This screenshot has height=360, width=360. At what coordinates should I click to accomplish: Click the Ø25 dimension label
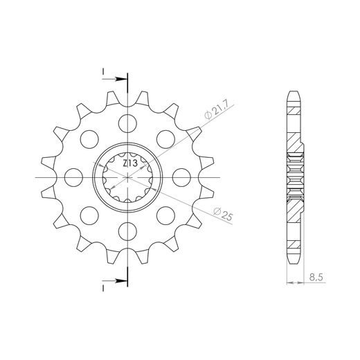[x=223, y=214]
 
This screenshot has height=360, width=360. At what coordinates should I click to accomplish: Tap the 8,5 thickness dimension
[x=316, y=277]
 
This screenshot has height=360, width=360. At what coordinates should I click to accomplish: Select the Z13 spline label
[x=130, y=163]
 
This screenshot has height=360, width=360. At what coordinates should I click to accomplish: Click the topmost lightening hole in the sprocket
[x=127, y=123]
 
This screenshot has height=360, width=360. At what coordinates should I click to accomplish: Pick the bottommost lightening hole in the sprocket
[x=127, y=231]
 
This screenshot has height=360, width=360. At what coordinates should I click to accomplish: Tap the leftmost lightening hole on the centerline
[x=73, y=177]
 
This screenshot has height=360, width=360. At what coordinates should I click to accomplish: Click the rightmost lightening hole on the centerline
[x=181, y=177]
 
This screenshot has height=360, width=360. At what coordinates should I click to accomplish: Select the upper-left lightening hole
[x=89, y=139]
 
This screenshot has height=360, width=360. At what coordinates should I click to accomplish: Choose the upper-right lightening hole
[x=165, y=139]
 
